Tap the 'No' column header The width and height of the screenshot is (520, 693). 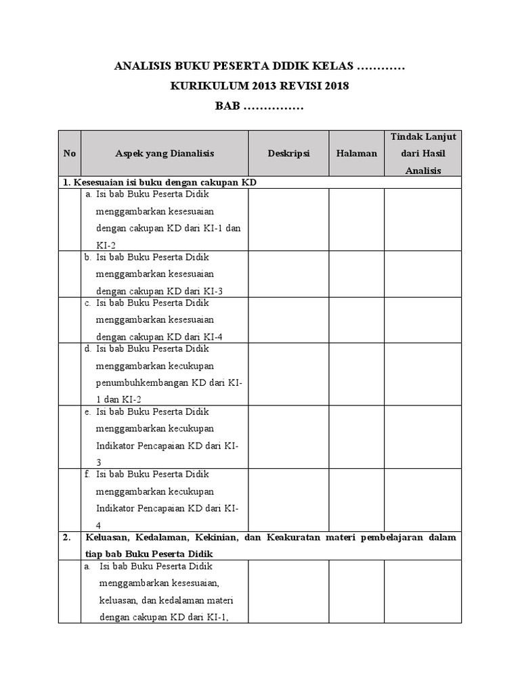click(69, 154)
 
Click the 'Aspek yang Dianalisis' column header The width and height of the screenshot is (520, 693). click(165, 154)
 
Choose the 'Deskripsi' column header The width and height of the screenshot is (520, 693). click(288, 154)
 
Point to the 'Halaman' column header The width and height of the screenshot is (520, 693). click(356, 154)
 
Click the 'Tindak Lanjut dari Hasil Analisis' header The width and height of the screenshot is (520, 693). click(423, 154)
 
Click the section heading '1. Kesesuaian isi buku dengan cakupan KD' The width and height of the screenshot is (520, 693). click(160, 183)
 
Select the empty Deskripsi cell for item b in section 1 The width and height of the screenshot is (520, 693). click(288, 274)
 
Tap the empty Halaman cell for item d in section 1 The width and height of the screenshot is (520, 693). click(356, 374)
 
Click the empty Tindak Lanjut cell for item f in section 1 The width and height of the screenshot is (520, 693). click(423, 499)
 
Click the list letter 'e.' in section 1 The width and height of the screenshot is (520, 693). click(88, 411)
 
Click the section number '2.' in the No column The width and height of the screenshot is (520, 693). click(67, 537)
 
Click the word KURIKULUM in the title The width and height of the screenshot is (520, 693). click(209, 87)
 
